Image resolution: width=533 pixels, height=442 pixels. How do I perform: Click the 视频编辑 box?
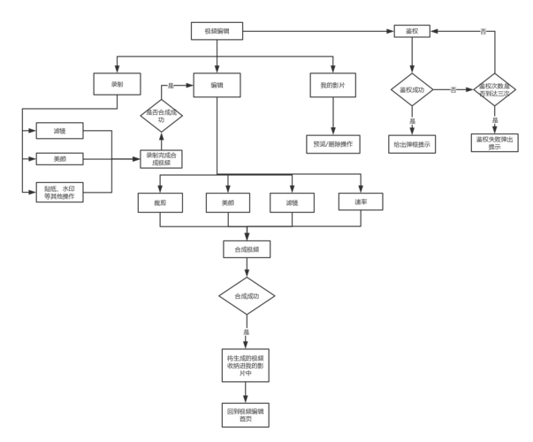(x=216, y=32)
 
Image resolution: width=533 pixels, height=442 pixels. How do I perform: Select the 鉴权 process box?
(x=412, y=32)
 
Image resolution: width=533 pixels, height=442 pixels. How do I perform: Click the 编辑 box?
(x=217, y=85)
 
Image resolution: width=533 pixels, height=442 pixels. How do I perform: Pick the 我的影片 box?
(x=333, y=85)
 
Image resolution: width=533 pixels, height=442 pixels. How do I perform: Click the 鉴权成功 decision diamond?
(x=412, y=90)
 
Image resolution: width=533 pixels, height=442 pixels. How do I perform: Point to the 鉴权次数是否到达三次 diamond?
(x=494, y=90)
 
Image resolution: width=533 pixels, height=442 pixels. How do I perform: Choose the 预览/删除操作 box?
(x=333, y=144)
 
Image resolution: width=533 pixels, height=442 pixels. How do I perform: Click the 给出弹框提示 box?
(x=412, y=143)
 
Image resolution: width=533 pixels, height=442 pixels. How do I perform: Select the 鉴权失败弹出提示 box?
(x=494, y=143)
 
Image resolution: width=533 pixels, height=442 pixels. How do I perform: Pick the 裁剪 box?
(x=159, y=202)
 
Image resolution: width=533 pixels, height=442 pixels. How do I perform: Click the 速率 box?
(x=362, y=202)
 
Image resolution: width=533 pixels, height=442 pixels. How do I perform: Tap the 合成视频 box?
(x=247, y=250)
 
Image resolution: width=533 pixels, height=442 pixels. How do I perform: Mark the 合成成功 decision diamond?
(x=247, y=295)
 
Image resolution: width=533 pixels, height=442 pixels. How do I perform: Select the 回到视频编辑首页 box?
(x=247, y=415)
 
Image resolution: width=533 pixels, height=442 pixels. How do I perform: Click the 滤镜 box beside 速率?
(x=293, y=202)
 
